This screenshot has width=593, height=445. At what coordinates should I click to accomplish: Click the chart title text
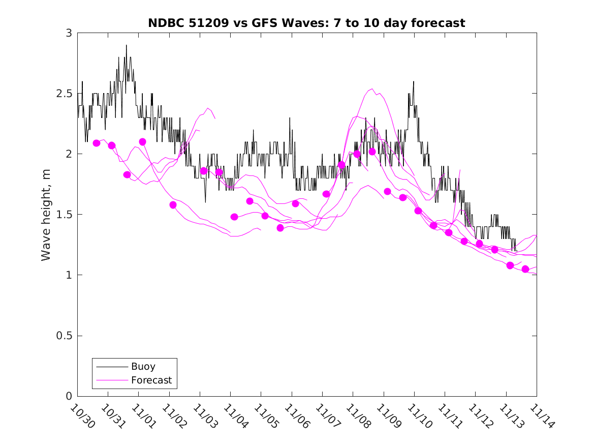[x=306, y=23]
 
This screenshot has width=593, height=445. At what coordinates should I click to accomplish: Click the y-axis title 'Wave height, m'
[x=46, y=215]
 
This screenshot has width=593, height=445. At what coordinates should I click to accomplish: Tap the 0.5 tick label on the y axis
[x=65, y=336]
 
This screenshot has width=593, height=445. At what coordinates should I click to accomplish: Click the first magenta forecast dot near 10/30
[x=97, y=143]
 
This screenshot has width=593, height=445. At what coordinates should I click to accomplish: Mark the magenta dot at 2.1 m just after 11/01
[x=142, y=141]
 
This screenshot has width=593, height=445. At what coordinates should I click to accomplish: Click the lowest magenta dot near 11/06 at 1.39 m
[x=280, y=228]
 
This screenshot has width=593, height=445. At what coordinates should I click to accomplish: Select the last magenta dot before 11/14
[x=525, y=269]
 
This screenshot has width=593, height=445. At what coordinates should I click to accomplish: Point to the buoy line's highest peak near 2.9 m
[x=127, y=45]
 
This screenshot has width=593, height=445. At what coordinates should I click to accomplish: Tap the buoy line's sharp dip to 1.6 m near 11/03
[x=205, y=202]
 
